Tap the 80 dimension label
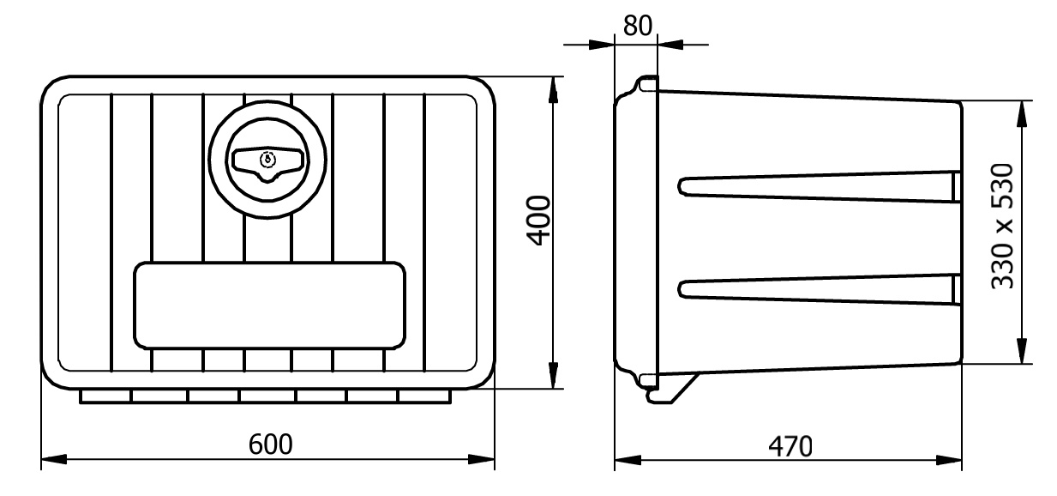click(x=637, y=26)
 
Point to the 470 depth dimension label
click(x=790, y=447)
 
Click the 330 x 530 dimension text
click(x=1003, y=227)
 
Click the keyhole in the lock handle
click(x=267, y=158)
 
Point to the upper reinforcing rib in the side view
click(x=819, y=186)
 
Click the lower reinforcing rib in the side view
click(x=819, y=289)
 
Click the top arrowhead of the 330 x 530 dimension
click(x=1021, y=110)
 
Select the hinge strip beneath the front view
click(x=266, y=396)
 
